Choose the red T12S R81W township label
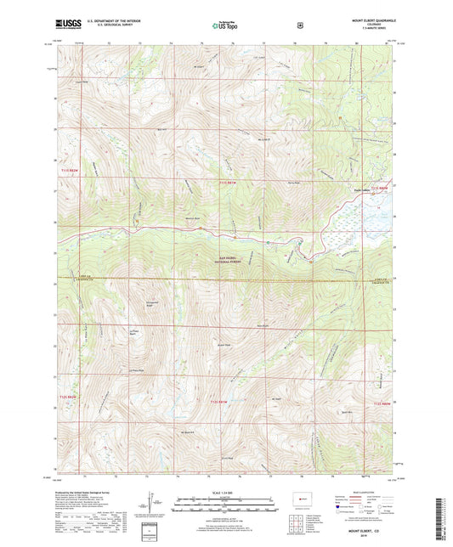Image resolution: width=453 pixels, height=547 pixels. point(219,400)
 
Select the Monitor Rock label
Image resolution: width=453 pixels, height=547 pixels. point(192,217)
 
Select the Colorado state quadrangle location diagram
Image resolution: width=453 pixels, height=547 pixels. point(302,499)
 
